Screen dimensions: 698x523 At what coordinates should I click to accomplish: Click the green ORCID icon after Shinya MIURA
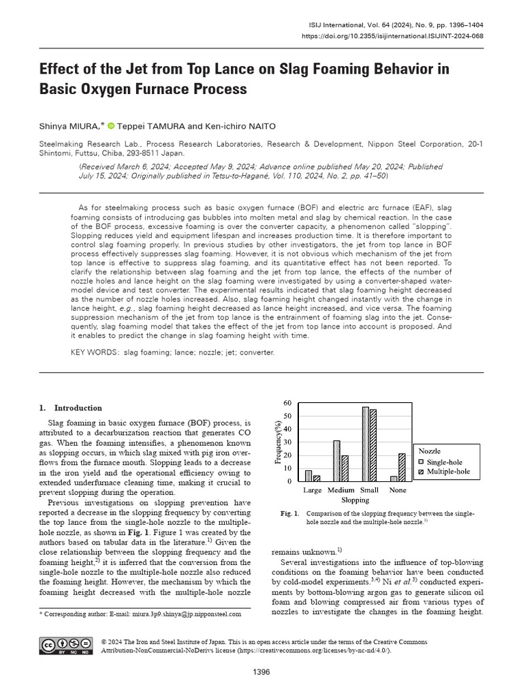click(111, 125)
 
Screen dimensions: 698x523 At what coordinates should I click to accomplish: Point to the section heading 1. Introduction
click(70, 408)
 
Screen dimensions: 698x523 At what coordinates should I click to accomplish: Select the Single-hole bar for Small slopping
click(366, 444)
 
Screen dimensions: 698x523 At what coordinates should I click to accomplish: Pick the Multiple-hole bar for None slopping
click(401, 467)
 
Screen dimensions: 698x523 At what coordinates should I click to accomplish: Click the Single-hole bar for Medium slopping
click(336, 461)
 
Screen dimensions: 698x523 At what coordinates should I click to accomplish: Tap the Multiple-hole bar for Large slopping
click(317, 478)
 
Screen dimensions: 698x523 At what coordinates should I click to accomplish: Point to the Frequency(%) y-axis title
click(279, 441)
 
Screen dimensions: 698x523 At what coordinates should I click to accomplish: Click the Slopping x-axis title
click(355, 500)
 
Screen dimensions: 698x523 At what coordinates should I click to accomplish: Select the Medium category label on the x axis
click(340, 489)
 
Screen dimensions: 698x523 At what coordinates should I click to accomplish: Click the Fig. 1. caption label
click(289, 513)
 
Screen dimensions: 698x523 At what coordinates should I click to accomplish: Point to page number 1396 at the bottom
click(261, 672)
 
